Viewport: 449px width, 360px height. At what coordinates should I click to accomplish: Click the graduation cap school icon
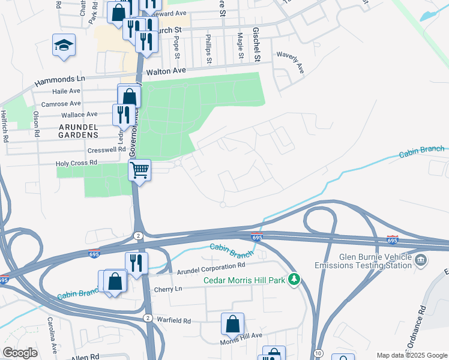point(63,46)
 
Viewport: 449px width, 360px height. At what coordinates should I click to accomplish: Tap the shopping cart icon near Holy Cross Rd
point(139,170)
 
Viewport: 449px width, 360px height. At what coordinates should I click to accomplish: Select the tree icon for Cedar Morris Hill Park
point(294,279)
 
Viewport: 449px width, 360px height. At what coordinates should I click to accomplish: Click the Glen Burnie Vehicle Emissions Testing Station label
point(363,261)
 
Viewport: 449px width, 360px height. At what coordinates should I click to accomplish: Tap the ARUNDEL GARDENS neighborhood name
point(87,131)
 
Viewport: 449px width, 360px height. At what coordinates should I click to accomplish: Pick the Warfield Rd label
point(174,321)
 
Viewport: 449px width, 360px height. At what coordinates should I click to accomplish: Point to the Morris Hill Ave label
point(241,335)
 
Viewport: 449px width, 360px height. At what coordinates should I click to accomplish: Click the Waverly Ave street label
point(291,62)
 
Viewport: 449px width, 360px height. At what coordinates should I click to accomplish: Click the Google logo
point(20,352)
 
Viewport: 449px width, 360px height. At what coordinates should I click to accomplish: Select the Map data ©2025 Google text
point(412,355)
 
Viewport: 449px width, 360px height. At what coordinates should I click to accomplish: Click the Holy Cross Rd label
point(76,163)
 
